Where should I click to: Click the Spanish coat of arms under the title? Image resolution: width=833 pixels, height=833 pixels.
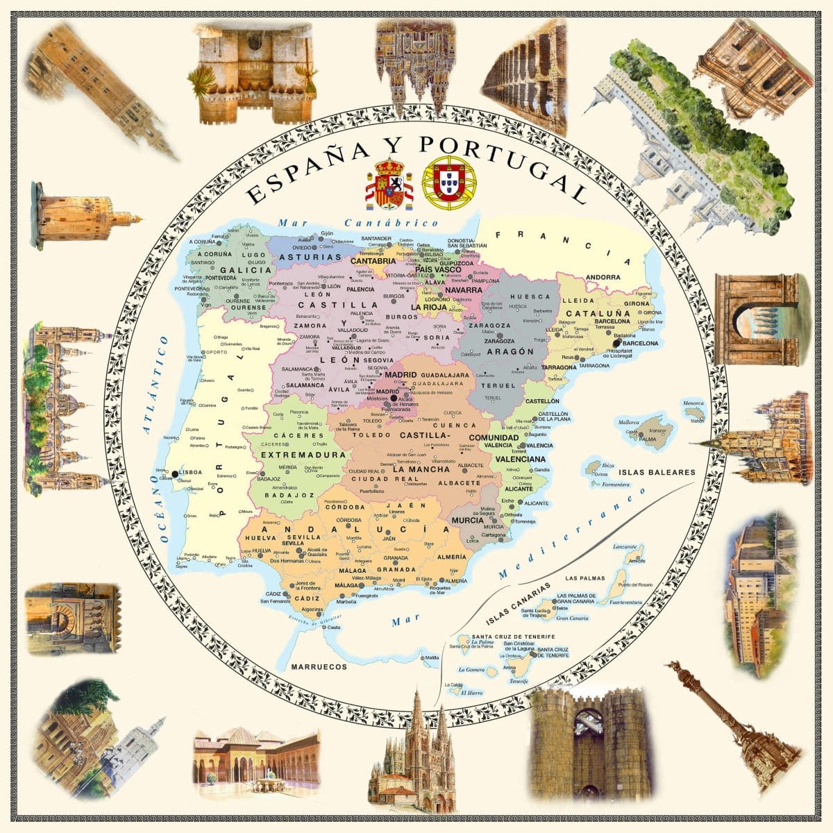[x=389, y=184]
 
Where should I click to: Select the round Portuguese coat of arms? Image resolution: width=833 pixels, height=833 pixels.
[x=453, y=184]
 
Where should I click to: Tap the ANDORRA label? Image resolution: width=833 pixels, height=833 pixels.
[x=603, y=278]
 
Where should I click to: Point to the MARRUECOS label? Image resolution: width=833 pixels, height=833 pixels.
[x=319, y=667]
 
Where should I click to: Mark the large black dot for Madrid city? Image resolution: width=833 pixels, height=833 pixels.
[x=394, y=398]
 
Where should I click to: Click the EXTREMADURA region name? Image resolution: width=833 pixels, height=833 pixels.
[x=294, y=455]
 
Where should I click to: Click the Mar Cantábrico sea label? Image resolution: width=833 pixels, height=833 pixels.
[x=357, y=223]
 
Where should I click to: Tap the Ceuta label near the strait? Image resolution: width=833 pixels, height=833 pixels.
[x=334, y=627]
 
